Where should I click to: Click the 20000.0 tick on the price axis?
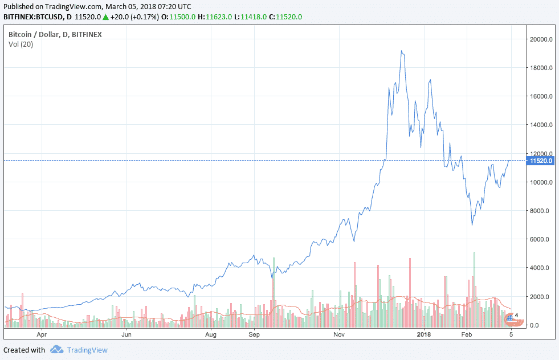pos(540,39)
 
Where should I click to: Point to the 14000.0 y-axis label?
pos(540,125)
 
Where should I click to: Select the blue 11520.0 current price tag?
pos(542,161)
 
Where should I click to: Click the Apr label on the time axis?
pos(40,335)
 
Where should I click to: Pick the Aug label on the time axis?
pos(211,335)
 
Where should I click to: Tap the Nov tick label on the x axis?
pos(339,335)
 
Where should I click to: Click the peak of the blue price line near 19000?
pos(402,51)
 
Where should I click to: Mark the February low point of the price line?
pos(472,224)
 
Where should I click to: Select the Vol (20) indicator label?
pos(21,44)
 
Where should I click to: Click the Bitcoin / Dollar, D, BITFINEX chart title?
pos(55,35)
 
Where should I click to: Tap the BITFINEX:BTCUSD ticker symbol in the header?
pos(31,17)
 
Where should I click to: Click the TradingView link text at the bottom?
pos(87,350)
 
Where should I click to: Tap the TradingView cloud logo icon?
pos(56,349)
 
